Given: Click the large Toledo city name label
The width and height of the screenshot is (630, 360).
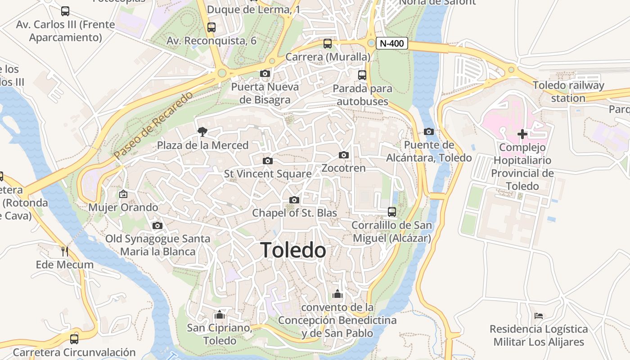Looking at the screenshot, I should tap(293, 250).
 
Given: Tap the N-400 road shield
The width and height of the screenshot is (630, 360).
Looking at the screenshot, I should tap(392, 44).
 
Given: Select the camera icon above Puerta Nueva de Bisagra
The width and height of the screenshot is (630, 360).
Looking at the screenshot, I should tap(265, 73).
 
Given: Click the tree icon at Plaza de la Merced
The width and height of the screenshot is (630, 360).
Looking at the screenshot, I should tap(202, 131).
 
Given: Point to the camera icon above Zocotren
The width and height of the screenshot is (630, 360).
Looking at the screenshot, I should tap(344, 155).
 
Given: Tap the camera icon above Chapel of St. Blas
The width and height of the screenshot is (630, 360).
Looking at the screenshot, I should tap(294, 200).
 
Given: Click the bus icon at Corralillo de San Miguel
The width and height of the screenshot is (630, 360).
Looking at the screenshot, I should tap(392, 211).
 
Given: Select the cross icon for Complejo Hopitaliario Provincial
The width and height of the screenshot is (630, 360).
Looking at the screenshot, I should tap(522, 134).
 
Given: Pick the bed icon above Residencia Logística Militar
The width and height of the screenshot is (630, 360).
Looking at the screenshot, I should tap(539, 316).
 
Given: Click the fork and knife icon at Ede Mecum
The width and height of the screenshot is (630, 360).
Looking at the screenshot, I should tap(65, 251).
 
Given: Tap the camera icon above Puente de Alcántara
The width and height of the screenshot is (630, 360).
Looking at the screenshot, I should tap(429, 131).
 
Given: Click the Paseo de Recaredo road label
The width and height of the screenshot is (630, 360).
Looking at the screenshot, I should tap(153, 125).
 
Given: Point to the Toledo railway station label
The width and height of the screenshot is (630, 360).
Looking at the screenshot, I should tap(568, 91).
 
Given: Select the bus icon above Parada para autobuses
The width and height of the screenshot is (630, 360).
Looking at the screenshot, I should tap(362, 75).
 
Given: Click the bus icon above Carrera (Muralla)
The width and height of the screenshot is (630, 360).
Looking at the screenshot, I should tap(328, 44).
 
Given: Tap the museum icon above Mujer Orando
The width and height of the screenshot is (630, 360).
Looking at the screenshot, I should tap(123, 194).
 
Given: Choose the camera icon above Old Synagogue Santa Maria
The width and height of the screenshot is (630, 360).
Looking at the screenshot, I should tap(157, 225).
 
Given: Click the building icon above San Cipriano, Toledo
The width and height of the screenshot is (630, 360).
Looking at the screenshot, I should tap(219, 314).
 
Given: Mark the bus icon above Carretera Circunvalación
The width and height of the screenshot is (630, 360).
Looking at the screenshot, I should tap(74, 339).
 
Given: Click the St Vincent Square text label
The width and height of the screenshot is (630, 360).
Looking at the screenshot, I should tap(268, 174).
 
